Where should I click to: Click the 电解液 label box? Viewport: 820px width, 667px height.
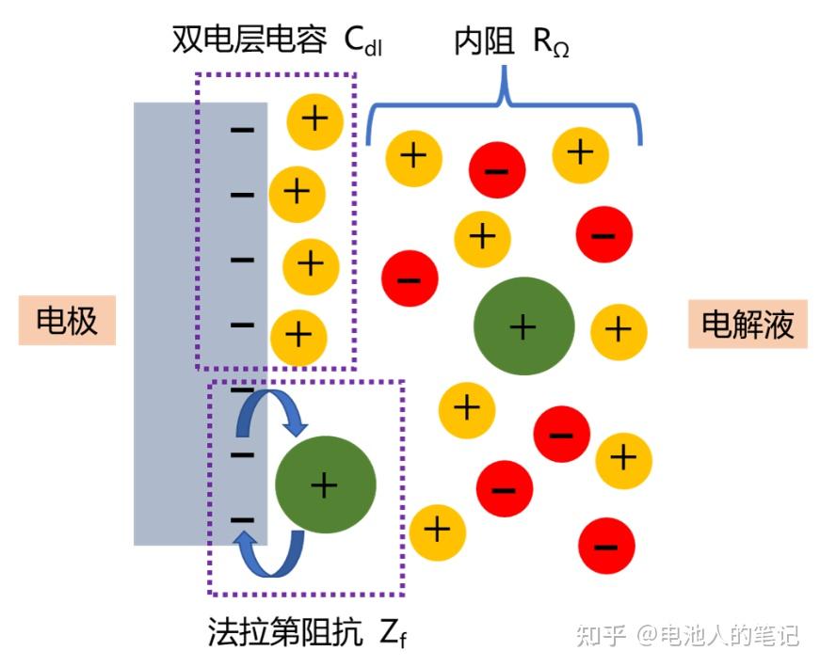(x=748, y=325)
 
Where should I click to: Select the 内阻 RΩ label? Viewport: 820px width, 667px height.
(x=510, y=40)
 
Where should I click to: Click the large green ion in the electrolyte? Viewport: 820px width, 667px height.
(x=524, y=326)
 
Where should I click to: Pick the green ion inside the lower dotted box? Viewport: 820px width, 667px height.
(x=325, y=484)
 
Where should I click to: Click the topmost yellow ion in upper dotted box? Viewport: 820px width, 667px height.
(x=314, y=119)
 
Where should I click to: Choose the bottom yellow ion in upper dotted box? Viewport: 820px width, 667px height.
(x=298, y=334)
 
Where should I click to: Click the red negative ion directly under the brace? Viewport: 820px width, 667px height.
(x=497, y=171)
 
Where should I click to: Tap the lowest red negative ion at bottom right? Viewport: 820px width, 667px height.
(x=606, y=545)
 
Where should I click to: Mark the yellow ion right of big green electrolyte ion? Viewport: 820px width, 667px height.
(x=619, y=328)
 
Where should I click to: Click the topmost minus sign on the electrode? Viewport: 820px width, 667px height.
(x=243, y=128)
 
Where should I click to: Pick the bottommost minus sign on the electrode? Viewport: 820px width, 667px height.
(x=243, y=518)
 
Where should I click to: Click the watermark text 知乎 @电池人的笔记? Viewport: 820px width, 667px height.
(x=686, y=636)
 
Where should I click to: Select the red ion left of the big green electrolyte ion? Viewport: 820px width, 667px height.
(x=410, y=278)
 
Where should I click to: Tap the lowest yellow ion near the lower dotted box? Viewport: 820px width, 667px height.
(x=437, y=530)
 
